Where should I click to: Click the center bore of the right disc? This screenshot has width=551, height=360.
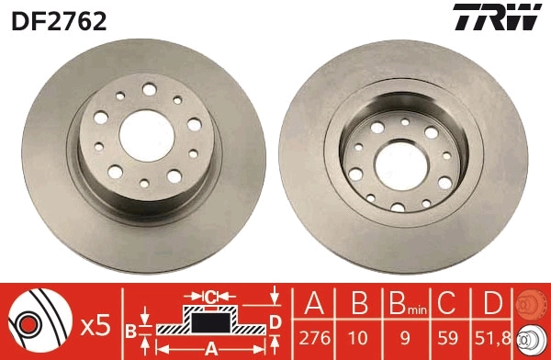tap(401, 164)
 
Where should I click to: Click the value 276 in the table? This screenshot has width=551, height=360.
tap(315, 337)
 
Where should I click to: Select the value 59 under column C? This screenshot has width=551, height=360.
tap(447, 337)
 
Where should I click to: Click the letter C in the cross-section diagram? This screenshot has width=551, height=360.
tap(210, 297)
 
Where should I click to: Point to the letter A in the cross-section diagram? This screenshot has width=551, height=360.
tap(210, 347)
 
